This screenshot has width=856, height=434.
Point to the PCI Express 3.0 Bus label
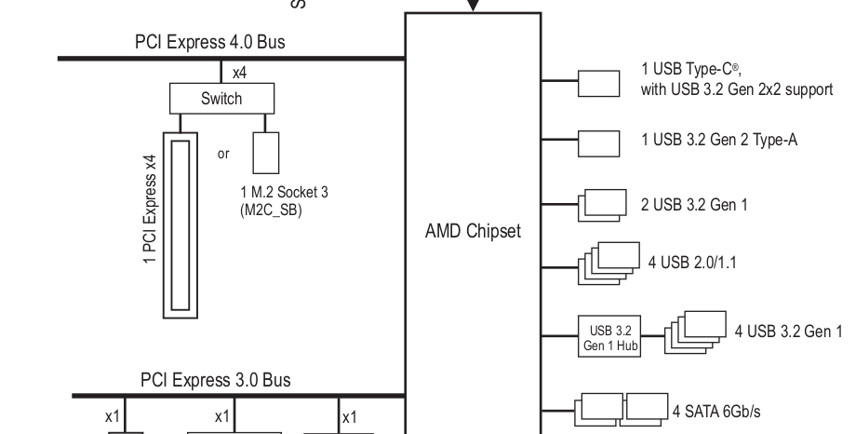[x=216, y=380]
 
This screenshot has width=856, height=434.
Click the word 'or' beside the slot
[x=223, y=154]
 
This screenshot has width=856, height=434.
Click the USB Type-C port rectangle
[x=599, y=82]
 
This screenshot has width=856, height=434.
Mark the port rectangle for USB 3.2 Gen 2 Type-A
[x=599, y=142]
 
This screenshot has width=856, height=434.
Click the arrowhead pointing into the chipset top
[x=473, y=6]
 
